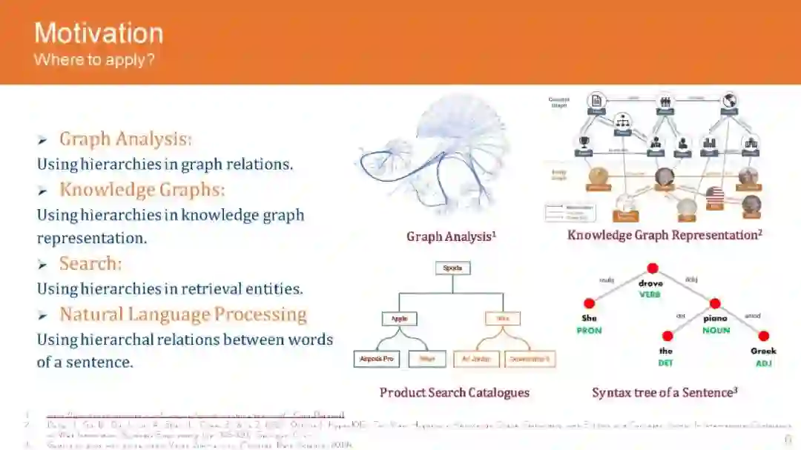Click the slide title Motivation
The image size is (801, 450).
click(x=99, y=33)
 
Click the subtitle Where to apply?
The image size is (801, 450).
click(x=94, y=59)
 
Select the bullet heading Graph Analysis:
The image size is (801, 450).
click(x=125, y=139)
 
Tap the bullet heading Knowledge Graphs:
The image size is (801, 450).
click(x=142, y=189)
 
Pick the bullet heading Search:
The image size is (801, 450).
click(x=90, y=263)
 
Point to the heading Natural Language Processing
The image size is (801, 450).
click(x=182, y=314)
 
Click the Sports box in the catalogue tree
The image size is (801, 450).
click(x=452, y=268)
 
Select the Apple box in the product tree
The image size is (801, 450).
click(x=399, y=319)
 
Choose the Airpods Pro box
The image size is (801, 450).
click(x=376, y=360)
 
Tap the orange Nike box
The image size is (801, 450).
click(x=503, y=319)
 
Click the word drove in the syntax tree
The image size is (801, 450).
click(x=650, y=283)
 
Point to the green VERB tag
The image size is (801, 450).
click(x=650, y=294)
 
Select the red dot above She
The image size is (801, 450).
click(x=590, y=303)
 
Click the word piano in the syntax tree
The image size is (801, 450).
click(x=716, y=319)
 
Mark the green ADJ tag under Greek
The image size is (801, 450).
click(x=763, y=363)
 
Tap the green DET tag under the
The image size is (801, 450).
click(x=666, y=363)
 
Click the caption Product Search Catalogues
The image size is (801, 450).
click(x=454, y=392)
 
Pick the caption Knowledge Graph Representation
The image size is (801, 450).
click(x=665, y=235)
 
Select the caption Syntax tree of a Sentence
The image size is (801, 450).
click(x=664, y=392)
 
